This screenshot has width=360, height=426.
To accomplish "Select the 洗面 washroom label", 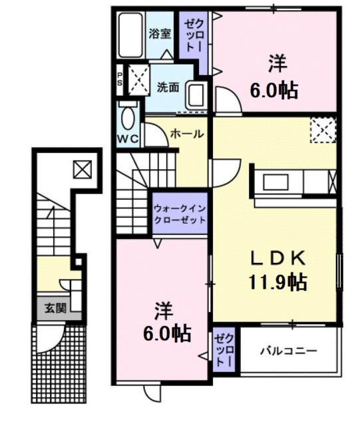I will [x=168, y=87].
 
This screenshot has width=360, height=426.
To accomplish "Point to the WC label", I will [x=128, y=138].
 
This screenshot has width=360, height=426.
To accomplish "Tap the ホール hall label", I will [x=187, y=134].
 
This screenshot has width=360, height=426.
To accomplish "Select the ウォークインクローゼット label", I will [x=179, y=213].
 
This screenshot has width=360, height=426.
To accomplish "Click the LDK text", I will [x=277, y=258].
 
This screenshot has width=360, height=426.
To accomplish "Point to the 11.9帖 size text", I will [x=278, y=282].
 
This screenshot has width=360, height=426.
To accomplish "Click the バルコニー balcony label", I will [x=288, y=350].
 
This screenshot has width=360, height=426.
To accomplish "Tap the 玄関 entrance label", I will [x=55, y=308].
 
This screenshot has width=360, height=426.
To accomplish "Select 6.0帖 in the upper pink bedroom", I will [x=273, y=89].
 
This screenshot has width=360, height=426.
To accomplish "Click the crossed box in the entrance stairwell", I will [x=83, y=169].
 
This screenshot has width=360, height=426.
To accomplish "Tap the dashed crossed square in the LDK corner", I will [x=323, y=129].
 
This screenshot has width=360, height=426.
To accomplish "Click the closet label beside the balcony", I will [x=222, y=349].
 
